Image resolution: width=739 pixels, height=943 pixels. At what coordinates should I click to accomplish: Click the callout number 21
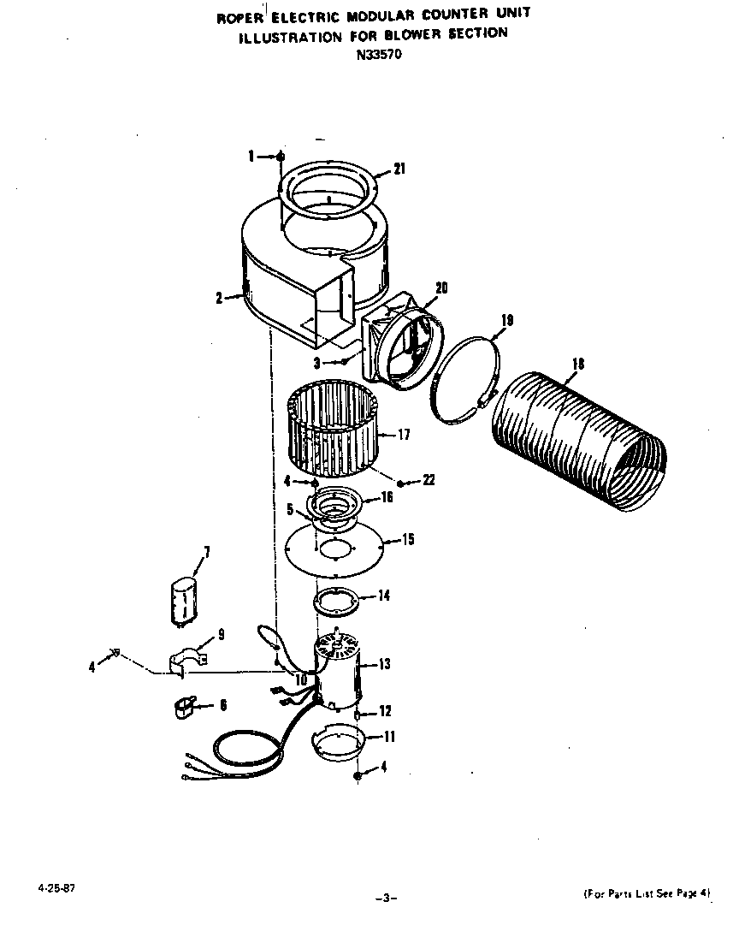[399, 169]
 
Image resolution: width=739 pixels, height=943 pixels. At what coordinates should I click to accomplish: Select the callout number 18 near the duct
[578, 365]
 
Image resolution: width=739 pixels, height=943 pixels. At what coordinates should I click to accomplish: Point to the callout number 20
[441, 288]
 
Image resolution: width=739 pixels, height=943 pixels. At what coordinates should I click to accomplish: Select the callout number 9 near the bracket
[221, 635]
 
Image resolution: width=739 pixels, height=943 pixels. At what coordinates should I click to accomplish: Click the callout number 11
[389, 736]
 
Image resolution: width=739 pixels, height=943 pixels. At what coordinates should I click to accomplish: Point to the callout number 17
[404, 435]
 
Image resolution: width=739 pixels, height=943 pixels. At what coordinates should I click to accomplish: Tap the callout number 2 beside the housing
[219, 298]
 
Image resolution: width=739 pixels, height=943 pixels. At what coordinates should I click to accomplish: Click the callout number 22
[429, 481]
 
